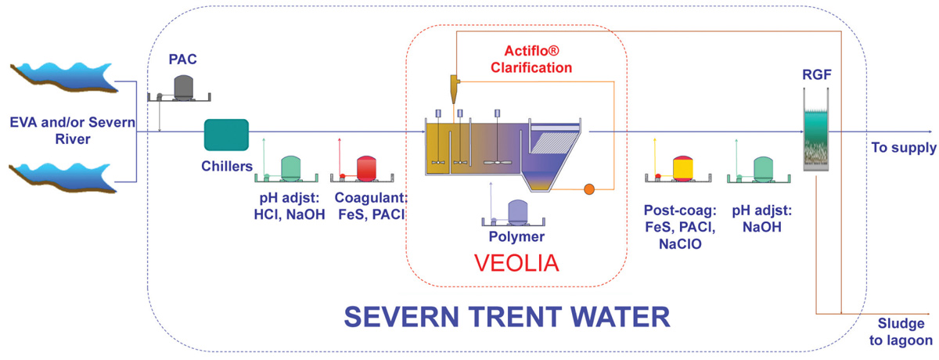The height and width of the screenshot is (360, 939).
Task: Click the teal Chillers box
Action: [x=226, y=135]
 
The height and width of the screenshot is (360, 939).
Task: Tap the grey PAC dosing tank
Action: [x=183, y=87]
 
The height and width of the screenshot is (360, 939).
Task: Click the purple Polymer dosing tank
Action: [x=517, y=211]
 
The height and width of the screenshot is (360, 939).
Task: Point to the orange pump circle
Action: [x=590, y=189]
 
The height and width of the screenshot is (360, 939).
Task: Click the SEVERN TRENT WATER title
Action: [x=507, y=316]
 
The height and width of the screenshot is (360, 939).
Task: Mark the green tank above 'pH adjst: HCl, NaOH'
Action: [x=290, y=167]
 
